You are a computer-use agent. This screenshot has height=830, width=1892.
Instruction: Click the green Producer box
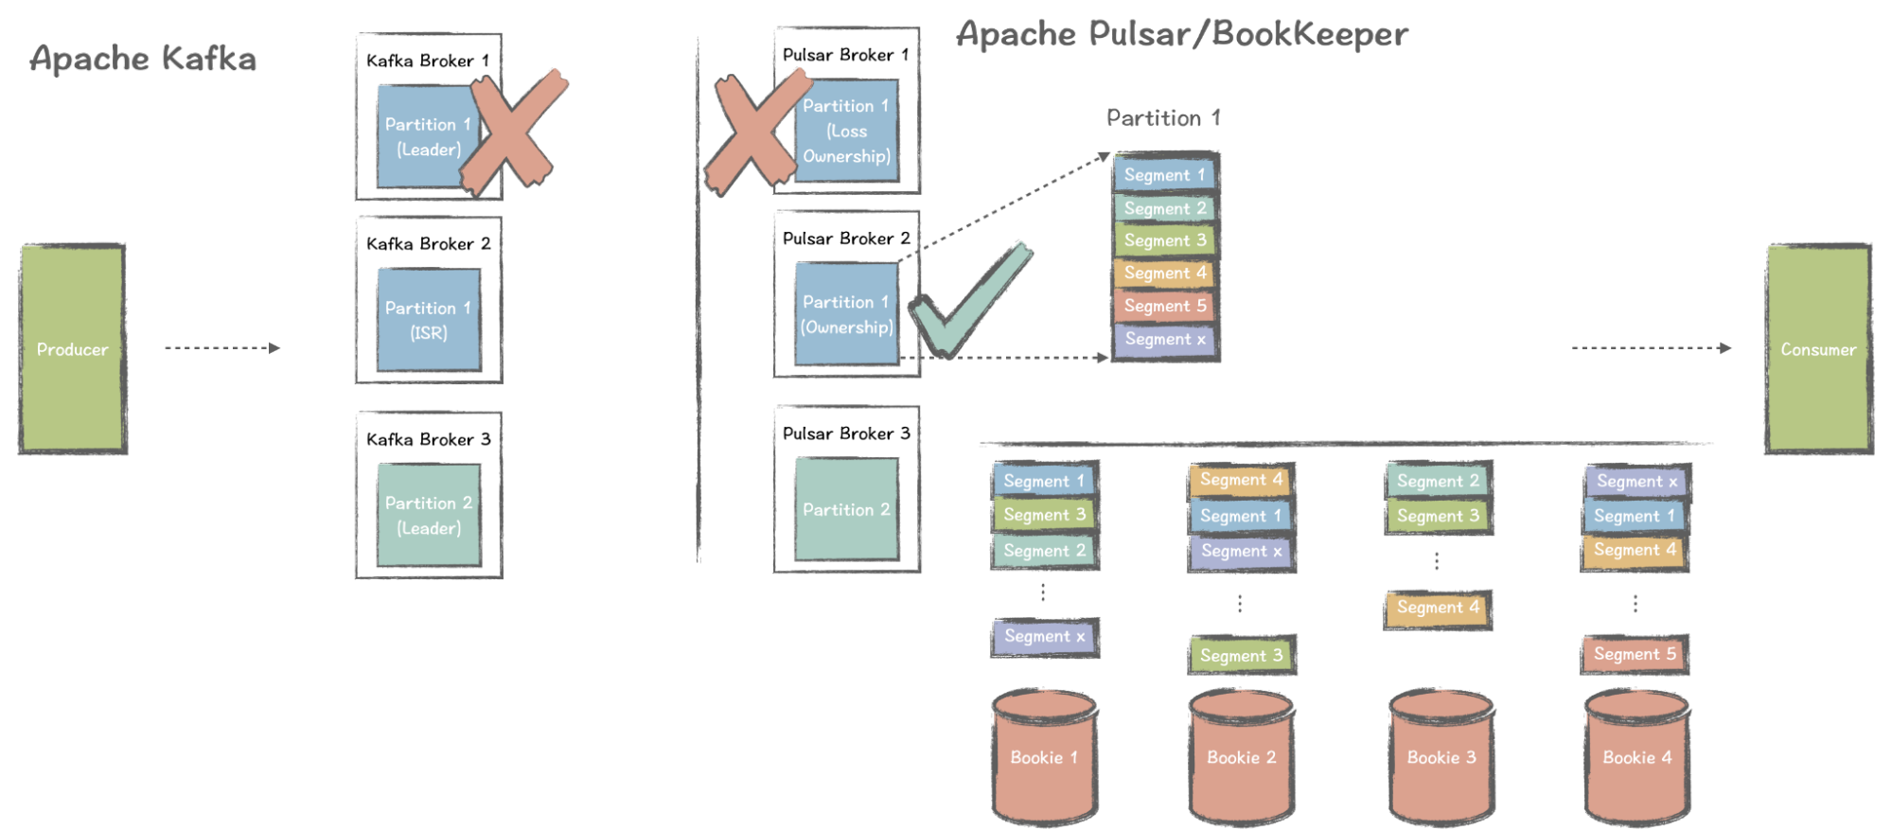pyautogui.click(x=73, y=348)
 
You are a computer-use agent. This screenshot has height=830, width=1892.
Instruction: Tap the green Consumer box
pyautogui.click(x=1818, y=348)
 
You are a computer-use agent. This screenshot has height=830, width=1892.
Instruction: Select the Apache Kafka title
pyautogui.click(x=143, y=59)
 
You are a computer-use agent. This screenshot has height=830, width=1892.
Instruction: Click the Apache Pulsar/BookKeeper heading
pyautogui.click(x=1181, y=34)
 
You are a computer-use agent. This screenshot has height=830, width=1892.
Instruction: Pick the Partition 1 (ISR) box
pyautogui.click(x=429, y=320)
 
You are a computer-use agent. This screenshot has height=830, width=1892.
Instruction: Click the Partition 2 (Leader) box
pyautogui.click(x=429, y=515)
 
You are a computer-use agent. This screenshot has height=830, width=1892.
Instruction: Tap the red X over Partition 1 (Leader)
pyautogui.click(x=514, y=131)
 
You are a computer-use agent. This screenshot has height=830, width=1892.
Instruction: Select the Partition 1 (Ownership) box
pyautogui.click(x=846, y=314)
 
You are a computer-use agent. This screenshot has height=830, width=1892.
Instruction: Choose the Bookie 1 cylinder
pyautogui.click(x=1044, y=757)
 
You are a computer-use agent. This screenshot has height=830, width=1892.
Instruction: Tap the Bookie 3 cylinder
pyautogui.click(x=1441, y=757)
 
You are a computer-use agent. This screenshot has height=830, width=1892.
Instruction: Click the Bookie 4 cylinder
pyautogui.click(x=1636, y=757)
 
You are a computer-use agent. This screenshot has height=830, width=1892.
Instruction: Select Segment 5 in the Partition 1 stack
pyautogui.click(x=1165, y=306)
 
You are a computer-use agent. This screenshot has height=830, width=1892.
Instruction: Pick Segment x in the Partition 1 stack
pyautogui.click(x=1165, y=339)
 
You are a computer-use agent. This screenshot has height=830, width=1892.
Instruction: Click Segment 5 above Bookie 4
pyautogui.click(x=1635, y=654)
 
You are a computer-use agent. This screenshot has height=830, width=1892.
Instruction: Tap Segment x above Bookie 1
pyautogui.click(x=1044, y=637)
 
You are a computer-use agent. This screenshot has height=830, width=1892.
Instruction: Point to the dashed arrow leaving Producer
pyautogui.click(x=222, y=348)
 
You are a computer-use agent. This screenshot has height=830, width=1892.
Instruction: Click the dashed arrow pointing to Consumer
pyautogui.click(x=1652, y=348)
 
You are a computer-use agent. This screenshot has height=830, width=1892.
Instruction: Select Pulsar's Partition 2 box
pyautogui.click(x=846, y=509)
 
